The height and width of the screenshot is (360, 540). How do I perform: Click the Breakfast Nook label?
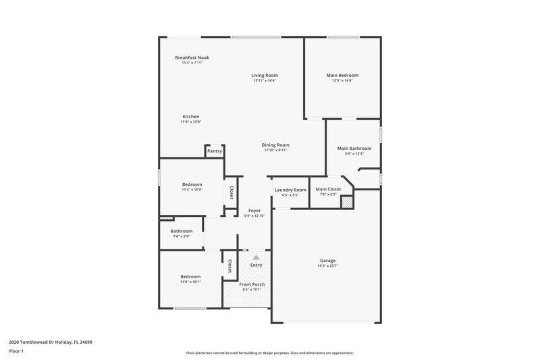(192, 57)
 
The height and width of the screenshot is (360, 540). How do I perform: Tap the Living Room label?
(265, 75)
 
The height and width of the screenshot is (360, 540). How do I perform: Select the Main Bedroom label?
(342, 75)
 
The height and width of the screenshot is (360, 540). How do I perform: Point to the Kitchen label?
(190, 116)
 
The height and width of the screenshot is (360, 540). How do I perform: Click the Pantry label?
(215, 151)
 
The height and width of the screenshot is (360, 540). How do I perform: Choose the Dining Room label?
(275, 145)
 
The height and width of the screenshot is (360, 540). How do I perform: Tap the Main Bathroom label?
(354, 148)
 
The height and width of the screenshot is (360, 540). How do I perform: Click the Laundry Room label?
(290, 190)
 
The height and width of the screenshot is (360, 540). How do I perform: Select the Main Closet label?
(328, 190)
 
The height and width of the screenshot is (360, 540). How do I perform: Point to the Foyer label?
(254, 211)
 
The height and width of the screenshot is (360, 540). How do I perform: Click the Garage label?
(328, 261)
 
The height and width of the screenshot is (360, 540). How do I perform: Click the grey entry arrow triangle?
(256, 257)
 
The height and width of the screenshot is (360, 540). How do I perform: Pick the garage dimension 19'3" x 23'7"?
(328, 266)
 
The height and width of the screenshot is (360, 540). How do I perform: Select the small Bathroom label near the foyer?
(181, 231)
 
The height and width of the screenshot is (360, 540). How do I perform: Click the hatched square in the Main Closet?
(346, 201)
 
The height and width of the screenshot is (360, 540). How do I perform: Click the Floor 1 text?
(17, 352)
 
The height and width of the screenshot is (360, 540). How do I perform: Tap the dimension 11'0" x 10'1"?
(190, 282)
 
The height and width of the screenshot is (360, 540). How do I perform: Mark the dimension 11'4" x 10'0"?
(192, 190)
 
